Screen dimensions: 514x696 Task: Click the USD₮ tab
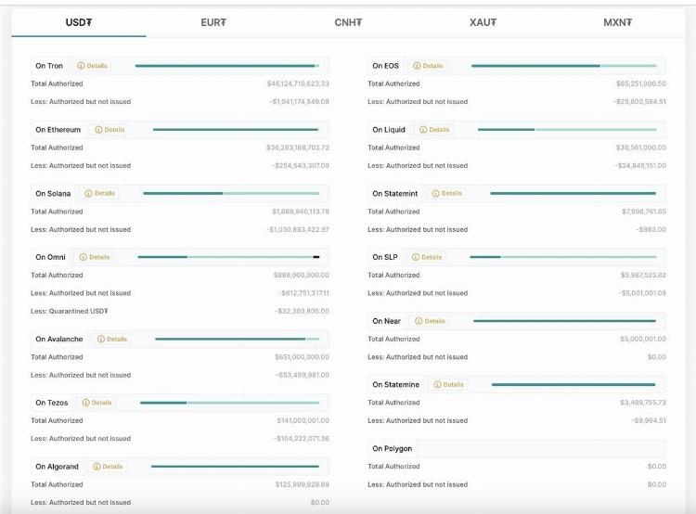click(x=79, y=22)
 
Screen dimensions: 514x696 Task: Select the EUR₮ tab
click(x=213, y=22)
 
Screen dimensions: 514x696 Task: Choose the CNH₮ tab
click(x=348, y=22)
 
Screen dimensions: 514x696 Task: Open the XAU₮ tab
click(x=483, y=22)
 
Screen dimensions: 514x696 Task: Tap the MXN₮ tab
click(x=617, y=22)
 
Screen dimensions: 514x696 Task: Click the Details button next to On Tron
click(x=93, y=66)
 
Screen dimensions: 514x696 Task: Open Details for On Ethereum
click(x=110, y=130)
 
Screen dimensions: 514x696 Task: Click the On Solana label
click(x=54, y=194)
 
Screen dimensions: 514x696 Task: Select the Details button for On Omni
click(x=95, y=257)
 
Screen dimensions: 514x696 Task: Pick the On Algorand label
click(x=58, y=467)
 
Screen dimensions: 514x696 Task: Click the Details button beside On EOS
click(x=429, y=66)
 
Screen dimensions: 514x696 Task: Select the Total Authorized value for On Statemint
click(x=643, y=212)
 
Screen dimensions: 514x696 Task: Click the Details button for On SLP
click(x=428, y=257)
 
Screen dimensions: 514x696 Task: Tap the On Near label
click(x=386, y=321)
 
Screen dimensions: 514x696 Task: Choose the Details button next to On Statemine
click(x=449, y=384)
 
